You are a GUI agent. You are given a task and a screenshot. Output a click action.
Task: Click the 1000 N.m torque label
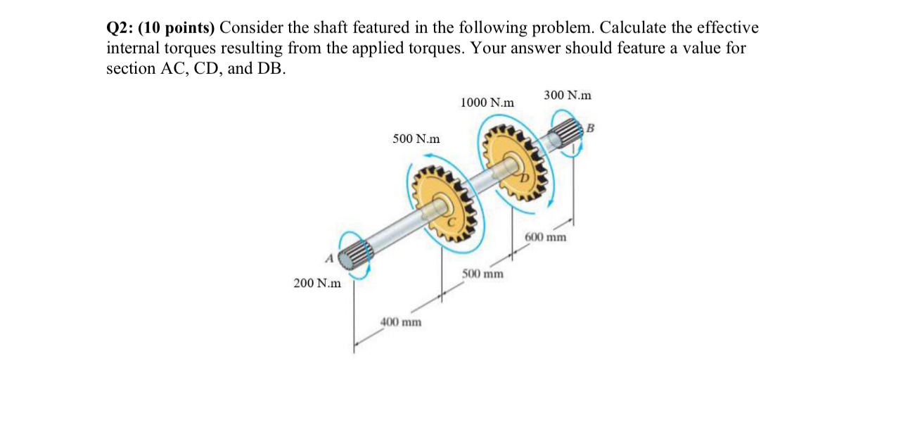(x=487, y=103)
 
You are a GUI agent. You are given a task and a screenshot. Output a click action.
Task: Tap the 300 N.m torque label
(x=567, y=95)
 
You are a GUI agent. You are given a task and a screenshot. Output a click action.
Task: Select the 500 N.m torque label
(x=416, y=139)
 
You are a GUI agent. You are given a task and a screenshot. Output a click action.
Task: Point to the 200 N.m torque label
(x=317, y=283)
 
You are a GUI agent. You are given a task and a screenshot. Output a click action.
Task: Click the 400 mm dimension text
(x=401, y=322)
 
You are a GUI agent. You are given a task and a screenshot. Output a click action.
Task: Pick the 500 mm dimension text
(x=482, y=273)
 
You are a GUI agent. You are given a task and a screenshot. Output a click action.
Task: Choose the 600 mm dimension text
(x=546, y=237)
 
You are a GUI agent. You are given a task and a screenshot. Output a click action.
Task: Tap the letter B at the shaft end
(x=590, y=128)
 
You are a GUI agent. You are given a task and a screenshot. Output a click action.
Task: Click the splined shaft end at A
(x=357, y=255)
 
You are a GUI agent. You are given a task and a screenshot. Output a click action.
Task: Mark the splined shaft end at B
(x=568, y=134)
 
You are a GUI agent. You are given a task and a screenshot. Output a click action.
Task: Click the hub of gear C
(x=440, y=207)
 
